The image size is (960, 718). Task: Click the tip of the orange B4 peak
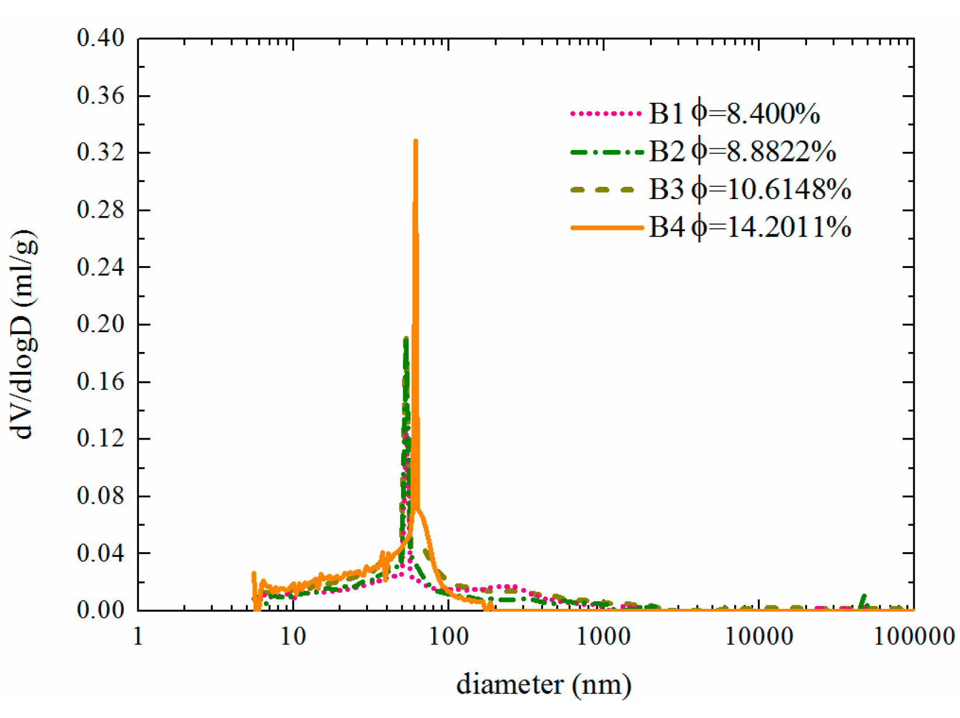tap(415, 141)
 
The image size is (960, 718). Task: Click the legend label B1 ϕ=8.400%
tap(734, 113)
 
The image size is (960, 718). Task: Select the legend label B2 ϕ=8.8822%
tap(742, 151)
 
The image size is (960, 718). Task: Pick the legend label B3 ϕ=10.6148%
tap(750, 189)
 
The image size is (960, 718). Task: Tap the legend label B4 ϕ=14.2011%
tap(750, 227)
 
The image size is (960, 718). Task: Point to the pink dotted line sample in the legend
tap(606, 113)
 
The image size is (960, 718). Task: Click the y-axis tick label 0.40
tap(100, 39)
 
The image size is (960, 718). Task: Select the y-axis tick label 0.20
tap(100, 325)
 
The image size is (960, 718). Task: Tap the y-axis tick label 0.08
tap(100, 496)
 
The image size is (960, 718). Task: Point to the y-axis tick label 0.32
tap(100, 153)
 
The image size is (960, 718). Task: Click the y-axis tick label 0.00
tap(100, 611)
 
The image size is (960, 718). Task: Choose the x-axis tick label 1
tap(138, 637)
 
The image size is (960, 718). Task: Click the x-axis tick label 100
tap(448, 637)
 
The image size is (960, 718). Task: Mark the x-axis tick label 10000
tap(759, 637)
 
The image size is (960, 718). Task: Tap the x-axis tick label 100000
tap(914, 637)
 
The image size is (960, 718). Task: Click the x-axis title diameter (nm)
tap(543, 685)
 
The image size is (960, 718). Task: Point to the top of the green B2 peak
tap(406, 339)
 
